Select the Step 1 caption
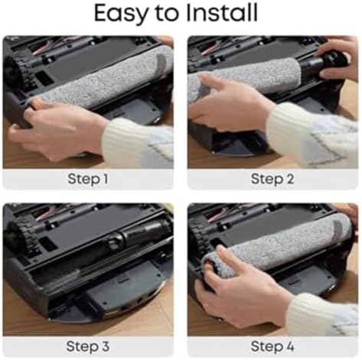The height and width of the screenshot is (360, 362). [88, 179]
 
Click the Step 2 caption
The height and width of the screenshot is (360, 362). [272, 179]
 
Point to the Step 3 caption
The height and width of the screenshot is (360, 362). [88, 346]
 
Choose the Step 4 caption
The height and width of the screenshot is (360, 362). [272, 346]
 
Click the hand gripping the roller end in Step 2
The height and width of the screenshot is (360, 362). [337, 59]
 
